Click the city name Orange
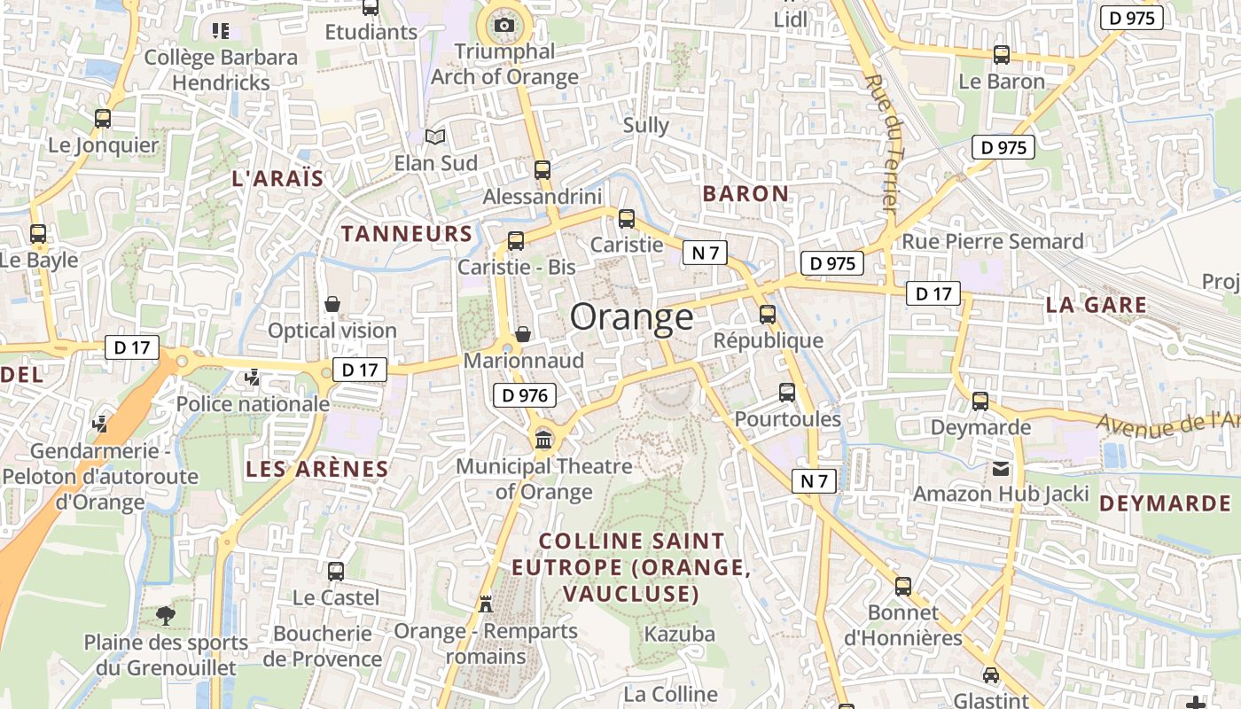(x=631, y=316)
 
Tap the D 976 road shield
(x=525, y=395)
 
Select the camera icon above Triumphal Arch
(x=504, y=25)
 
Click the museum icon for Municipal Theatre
(x=543, y=439)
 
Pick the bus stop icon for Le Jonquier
(x=103, y=118)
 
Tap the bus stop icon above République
(x=768, y=314)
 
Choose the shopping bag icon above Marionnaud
(x=523, y=334)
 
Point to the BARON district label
(x=745, y=193)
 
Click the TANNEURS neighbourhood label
(x=407, y=234)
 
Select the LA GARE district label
(x=1097, y=305)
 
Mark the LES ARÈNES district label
(x=316, y=469)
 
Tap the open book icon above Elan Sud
(x=434, y=136)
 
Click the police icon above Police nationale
(x=253, y=378)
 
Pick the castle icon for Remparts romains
(x=485, y=604)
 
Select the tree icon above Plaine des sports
(x=165, y=615)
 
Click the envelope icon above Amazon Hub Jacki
(x=1001, y=467)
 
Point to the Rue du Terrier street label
(x=883, y=142)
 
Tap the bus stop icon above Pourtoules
(x=786, y=392)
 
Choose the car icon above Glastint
(x=990, y=674)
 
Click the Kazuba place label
(x=679, y=634)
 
